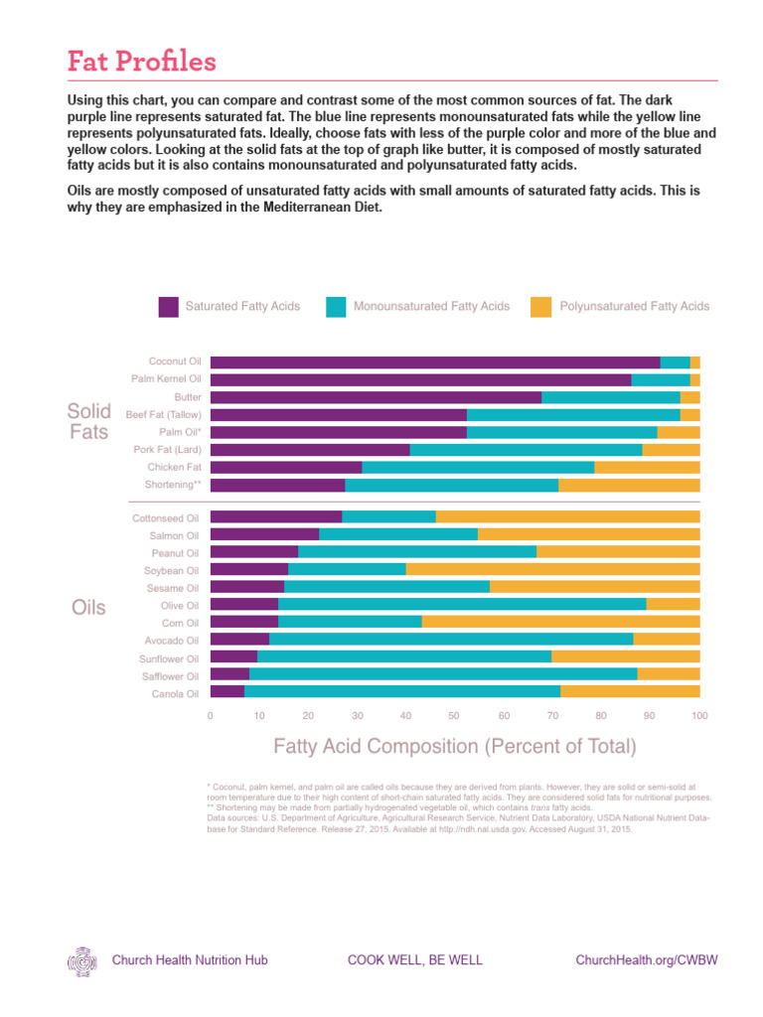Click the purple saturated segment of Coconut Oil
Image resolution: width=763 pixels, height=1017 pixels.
click(x=435, y=363)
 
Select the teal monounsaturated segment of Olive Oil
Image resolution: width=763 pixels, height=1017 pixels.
click(x=462, y=604)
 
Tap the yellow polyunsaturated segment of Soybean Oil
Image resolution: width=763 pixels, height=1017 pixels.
click(x=552, y=569)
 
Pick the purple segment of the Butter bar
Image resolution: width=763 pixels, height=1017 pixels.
click(x=376, y=397)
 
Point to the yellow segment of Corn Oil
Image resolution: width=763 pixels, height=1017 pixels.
click(x=560, y=622)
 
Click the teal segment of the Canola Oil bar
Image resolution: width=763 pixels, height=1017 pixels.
click(x=402, y=691)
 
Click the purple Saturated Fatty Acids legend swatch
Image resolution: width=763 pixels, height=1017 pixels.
click(x=169, y=307)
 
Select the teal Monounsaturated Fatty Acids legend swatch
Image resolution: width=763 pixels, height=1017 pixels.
click(x=336, y=307)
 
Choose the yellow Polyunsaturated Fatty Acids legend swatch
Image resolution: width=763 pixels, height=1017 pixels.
click(x=541, y=307)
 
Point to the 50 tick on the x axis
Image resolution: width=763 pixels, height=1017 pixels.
click(x=455, y=715)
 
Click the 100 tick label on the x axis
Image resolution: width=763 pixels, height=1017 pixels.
click(x=699, y=715)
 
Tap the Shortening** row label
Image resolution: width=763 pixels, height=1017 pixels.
click(x=173, y=485)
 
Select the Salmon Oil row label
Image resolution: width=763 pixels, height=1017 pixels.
click(x=174, y=535)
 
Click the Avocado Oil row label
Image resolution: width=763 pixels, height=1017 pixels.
click(x=172, y=641)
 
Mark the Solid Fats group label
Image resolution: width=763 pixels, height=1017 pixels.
click(x=88, y=422)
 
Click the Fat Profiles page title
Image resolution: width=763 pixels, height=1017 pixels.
click(x=141, y=62)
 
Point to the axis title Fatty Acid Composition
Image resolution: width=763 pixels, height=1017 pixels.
click(x=454, y=746)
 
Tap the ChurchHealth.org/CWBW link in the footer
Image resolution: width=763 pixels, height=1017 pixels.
click(x=647, y=960)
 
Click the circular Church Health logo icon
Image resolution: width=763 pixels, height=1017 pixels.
click(x=82, y=960)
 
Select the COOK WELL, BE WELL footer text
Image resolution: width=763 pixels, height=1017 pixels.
click(x=414, y=960)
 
